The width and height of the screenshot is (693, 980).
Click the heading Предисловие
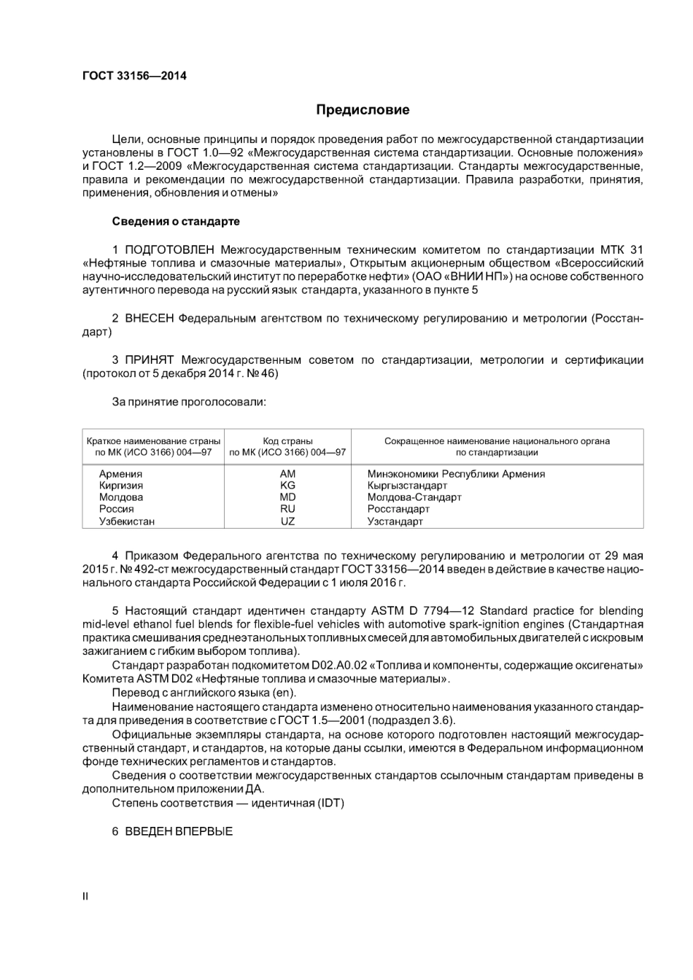pyautogui.click(x=363, y=110)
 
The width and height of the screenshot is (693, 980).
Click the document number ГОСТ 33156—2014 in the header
pyautogui.click(x=133, y=75)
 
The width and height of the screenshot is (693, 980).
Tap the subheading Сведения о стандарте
pyautogui.click(x=176, y=221)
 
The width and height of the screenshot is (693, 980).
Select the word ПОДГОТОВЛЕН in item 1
pyautogui.click(x=169, y=249)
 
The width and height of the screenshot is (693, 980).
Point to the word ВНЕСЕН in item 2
pyautogui.click(x=150, y=319)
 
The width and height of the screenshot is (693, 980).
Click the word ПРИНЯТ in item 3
pyautogui.click(x=149, y=360)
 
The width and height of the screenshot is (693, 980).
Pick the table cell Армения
pyautogui.click(x=120, y=474)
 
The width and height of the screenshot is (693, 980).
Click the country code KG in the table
pyautogui.click(x=287, y=486)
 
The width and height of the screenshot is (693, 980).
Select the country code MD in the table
pyautogui.click(x=287, y=497)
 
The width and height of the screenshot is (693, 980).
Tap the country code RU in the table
pyautogui.click(x=287, y=509)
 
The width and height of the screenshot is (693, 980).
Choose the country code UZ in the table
pyautogui.click(x=287, y=521)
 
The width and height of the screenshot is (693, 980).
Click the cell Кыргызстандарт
pyautogui.click(x=407, y=486)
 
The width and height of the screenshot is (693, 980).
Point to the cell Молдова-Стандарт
pyautogui.click(x=414, y=497)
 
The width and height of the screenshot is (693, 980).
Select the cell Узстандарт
pyautogui.click(x=395, y=521)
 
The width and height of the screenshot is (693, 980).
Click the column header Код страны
pyautogui.click(x=287, y=441)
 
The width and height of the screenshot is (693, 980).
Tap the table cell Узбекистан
pyautogui.click(x=127, y=521)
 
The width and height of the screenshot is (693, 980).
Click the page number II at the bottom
pyautogui.click(x=85, y=896)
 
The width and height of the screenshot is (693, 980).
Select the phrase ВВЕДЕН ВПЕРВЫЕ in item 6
pyautogui.click(x=179, y=831)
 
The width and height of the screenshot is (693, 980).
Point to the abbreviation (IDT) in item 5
pyautogui.click(x=330, y=804)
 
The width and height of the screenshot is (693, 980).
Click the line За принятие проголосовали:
pyautogui.click(x=189, y=402)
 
